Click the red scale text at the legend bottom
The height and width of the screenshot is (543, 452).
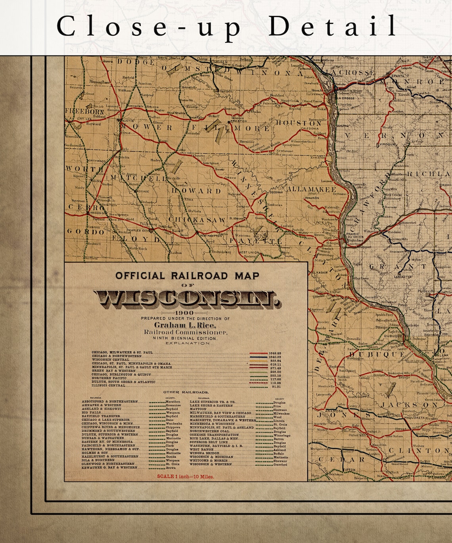click(186, 476)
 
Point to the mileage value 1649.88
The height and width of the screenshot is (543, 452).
click(275, 353)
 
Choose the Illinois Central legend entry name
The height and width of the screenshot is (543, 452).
click(108, 385)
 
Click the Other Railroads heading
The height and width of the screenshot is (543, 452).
click(186, 393)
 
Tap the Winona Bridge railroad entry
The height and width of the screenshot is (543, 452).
click(204, 453)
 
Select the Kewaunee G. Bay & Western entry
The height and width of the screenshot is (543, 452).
click(110, 468)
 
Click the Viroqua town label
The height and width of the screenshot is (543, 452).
click(386, 145)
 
